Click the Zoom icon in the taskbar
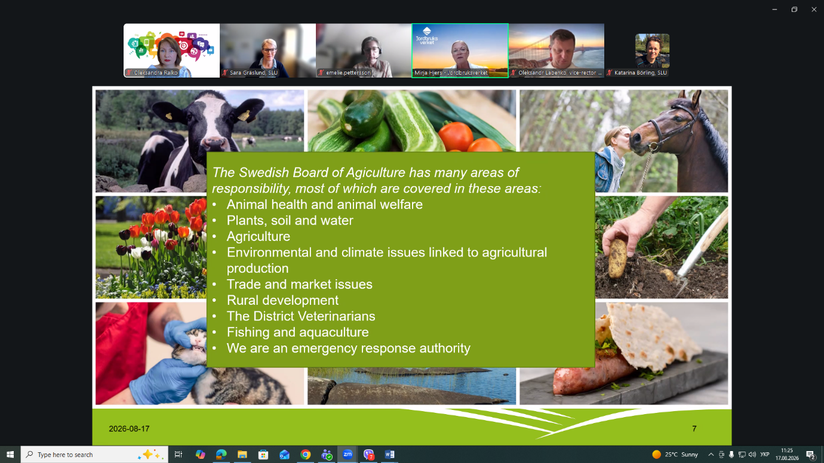(x=348, y=455)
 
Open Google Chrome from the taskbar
(x=305, y=455)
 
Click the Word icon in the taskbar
(x=389, y=455)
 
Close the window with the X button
(x=814, y=10)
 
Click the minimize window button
(x=774, y=10)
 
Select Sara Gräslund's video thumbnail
(x=268, y=50)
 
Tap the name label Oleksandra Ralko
(x=156, y=73)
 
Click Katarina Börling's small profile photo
(x=652, y=51)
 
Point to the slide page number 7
(x=694, y=429)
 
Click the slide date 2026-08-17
(x=129, y=429)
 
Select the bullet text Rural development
(x=282, y=300)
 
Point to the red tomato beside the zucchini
(x=456, y=135)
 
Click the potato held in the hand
(x=617, y=258)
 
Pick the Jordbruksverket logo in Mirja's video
(x=427, y=36)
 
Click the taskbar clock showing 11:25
(x=787, y=450)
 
